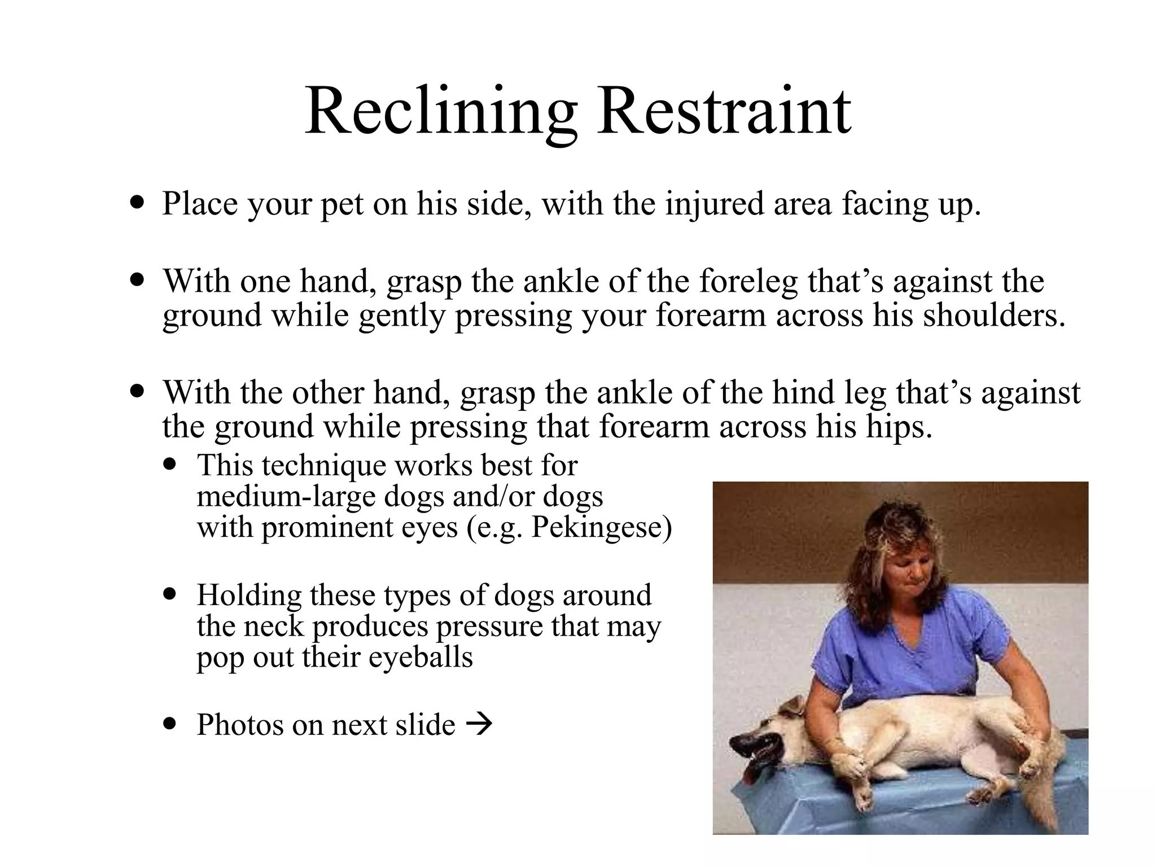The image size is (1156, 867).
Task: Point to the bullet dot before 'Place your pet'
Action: tap(137, 202)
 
